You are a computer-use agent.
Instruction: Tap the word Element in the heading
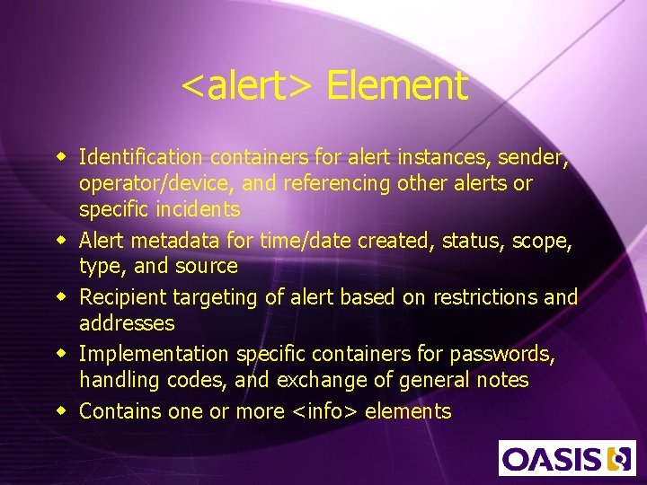click(396, 86)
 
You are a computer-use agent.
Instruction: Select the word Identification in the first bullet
click(138, 158)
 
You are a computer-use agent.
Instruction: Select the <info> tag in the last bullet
click(328, 411)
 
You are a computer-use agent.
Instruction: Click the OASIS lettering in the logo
click(552, 458)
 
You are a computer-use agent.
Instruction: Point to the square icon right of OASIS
click(618, 458)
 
